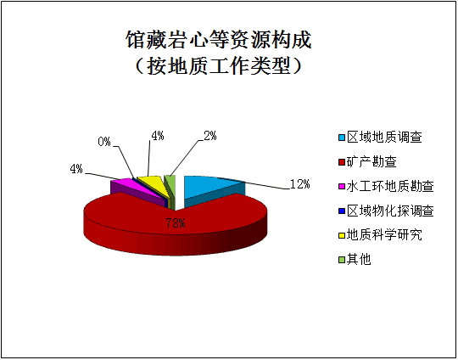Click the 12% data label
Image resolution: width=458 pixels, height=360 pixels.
pyautogui.click(x=299, y=184)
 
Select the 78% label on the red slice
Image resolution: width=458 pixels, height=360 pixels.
pyautogui.click(x=176, y=223)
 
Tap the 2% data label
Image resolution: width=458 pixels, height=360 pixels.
pyautogui.click(x=210, y=136)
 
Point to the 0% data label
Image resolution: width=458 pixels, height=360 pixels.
pyautogui.click(x=104, y=142)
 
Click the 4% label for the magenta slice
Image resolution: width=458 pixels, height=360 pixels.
pyautogui.click(x=76, y=169)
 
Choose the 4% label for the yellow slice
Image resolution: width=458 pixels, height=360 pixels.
pyautogui.click(x=158, y=136)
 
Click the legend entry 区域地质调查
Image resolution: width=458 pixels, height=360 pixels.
pyautogui.click(x=380, y=138)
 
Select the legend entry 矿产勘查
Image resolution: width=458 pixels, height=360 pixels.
pyautogui.click(x=367, y=161)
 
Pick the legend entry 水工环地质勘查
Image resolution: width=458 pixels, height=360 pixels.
pyautogui.click(x=386, y=186)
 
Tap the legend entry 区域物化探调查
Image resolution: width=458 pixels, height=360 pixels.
pyautogui.click(x=386, y=211)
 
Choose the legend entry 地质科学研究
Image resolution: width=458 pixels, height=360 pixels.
pyautogui.click(x=380, y=235)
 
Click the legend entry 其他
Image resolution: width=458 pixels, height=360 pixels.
pyautogui.click(x=355, y=260)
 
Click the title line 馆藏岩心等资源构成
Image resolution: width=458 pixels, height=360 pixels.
pyautogui.click(x=219, y=39)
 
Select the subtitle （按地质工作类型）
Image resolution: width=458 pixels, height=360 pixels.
pyautogui.click(x=219, y=66)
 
